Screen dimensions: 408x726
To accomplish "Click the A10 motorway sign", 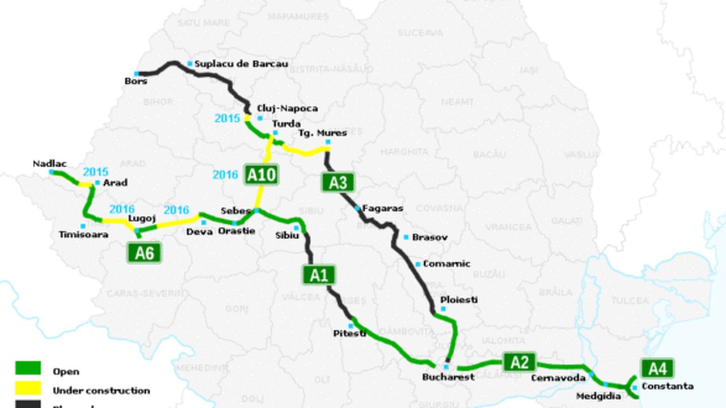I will point(261,175).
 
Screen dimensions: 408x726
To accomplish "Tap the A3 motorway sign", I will point(338,182).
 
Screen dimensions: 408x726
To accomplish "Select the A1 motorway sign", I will point(319,275).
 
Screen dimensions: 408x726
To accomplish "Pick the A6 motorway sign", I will point(144,253).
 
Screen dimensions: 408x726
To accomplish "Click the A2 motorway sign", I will point(519,362).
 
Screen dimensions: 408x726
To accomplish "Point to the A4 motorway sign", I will point(657,369).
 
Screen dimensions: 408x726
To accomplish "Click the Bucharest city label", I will point(448,377).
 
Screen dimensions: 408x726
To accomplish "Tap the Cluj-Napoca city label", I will point(287,108).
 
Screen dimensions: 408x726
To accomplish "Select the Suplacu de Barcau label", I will point(241,64).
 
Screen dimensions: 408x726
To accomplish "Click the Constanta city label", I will point(667,386).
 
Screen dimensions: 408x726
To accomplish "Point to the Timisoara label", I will point(83,235).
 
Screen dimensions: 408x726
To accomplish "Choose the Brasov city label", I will point(429,237).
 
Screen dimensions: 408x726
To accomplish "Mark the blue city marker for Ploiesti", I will point(443,309).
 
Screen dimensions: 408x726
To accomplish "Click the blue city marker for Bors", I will point(137,74).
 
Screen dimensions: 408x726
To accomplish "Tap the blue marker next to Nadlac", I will point(52,172).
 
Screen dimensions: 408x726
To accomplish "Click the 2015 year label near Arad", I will point(95,172).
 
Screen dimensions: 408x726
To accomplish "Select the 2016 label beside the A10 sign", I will point(225,175).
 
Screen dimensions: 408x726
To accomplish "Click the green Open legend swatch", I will point(28,368).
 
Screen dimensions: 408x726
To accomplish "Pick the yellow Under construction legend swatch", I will point(28,388).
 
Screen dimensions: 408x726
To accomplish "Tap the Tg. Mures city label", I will point(322,133).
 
